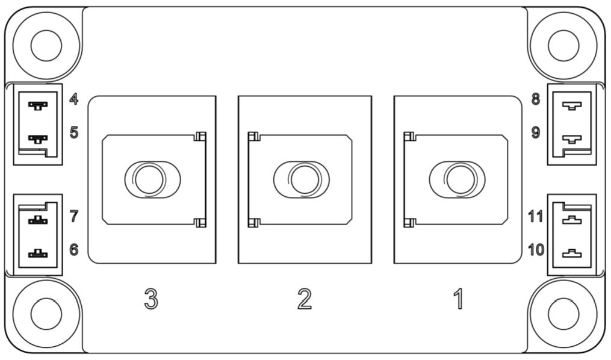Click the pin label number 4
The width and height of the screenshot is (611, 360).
73,99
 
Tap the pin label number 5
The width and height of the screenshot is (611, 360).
74,132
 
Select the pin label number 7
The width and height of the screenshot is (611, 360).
74,216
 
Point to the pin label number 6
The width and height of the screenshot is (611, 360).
74,249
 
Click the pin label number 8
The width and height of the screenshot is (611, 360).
536,99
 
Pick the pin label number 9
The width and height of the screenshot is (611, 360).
536,132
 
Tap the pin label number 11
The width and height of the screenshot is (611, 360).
535,216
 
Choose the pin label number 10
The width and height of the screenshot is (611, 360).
536,249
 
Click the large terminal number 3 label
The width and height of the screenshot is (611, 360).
151,299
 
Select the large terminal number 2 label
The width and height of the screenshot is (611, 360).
305,299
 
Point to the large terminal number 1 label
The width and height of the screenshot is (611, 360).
459,299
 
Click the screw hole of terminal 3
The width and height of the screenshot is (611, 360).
149,179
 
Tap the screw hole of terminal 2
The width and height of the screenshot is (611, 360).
305,179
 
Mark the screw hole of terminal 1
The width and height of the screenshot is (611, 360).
461,179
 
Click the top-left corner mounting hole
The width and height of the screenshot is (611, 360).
46,45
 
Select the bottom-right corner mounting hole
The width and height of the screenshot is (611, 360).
563,314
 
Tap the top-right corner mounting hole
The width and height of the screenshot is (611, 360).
563,45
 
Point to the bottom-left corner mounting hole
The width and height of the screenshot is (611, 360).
46,314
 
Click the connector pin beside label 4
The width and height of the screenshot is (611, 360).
38,105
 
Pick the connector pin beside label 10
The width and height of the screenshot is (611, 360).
572,253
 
